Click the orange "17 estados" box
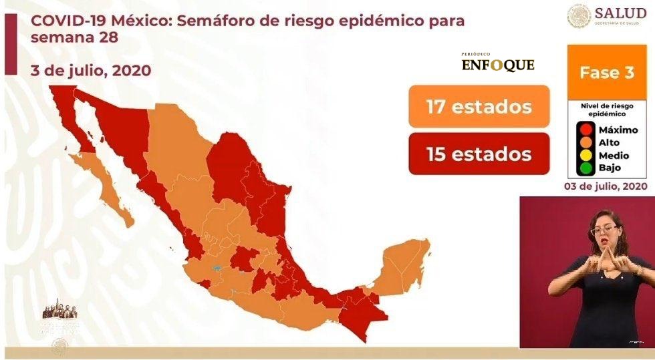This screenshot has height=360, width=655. (x=479, y=106)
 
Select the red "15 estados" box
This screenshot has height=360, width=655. (x=479, y=154)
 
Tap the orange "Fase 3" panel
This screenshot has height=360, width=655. (x=607, y=73)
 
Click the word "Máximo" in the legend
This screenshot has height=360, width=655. (x=618, y=130)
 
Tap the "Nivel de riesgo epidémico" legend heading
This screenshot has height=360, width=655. (x=608, y=110)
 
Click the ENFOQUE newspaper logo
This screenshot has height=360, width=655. (x=498, y=63)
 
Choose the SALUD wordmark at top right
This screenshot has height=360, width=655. (x=620, y=13)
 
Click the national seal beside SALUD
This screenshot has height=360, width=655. (x=579, y=16)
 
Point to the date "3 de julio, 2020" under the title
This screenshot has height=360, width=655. (x=90, y=71)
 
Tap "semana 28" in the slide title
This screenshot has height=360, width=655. (x=74, y=37)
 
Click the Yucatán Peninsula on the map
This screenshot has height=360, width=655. (x=402, y=264)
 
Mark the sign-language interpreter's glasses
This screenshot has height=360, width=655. (x=603, y=229)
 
